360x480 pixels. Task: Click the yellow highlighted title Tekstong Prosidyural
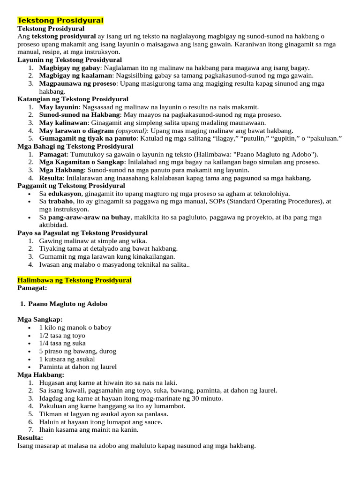click(60, 21)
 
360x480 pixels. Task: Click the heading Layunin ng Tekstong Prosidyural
click(69, 60)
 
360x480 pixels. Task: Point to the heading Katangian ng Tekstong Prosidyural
click(73, 99)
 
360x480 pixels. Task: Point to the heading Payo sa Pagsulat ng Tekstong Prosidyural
click(82, 233)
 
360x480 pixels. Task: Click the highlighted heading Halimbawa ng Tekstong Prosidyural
click(75, 280)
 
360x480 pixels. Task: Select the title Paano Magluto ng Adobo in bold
click(68, 304)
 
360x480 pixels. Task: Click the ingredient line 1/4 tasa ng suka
click(62, 343)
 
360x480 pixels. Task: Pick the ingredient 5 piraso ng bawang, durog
click(77, 351)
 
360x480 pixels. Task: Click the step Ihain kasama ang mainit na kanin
click(89, 430)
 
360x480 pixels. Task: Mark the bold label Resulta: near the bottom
click(30, 437)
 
